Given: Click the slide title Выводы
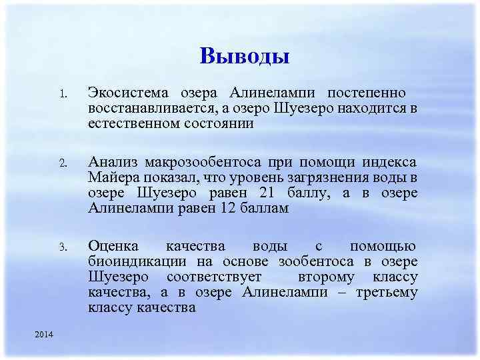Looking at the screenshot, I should coord(244,56).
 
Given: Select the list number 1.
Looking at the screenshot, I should coord(62,94).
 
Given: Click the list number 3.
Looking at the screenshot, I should coord(62,248).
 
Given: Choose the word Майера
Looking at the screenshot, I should coord(111,178).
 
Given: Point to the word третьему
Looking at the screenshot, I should coord(386,293).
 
